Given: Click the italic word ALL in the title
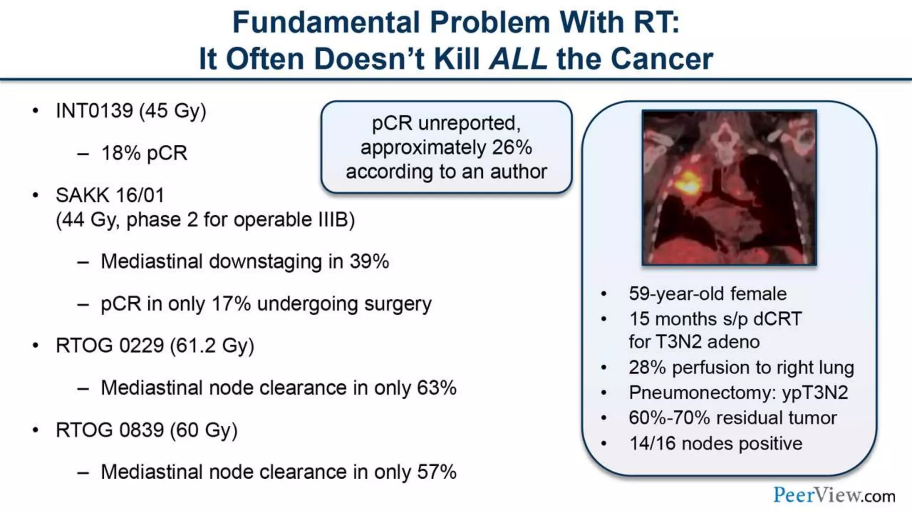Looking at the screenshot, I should coord(518,59).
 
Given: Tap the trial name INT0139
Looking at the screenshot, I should coord(94,110).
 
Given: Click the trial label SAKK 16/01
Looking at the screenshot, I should coord(110,195).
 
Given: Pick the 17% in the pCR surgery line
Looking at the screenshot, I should coord(231,304).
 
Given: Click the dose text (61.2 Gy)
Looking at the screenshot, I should coord(212,346).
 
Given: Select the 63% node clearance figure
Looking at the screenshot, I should coord(436,388).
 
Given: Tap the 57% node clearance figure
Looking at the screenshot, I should coord(436,472).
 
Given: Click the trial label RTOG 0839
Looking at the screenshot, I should coord(110,430).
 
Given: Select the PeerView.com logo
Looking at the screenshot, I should coord(834,495).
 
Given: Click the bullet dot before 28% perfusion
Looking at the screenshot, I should coord(603,368).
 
